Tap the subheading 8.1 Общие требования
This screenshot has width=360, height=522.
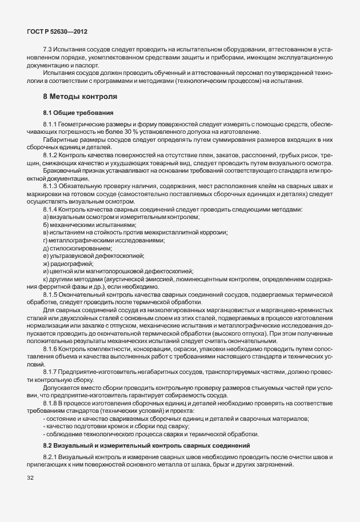pyautogui.click(x=78, y=113)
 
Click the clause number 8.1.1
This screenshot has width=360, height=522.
pyautogui.click(x=51, y=124)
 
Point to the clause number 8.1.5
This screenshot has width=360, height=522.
pyautogui.click(x=51, y=294)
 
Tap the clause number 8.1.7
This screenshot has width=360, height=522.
pyautogui.click(x=51, y=372)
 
